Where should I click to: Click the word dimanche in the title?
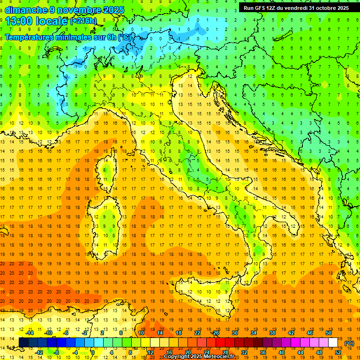point(26,10)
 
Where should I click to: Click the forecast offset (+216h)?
point(83,21)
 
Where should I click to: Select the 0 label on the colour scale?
point(93,352)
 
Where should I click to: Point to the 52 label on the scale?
point(338,352)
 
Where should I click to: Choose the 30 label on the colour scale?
point(234,333)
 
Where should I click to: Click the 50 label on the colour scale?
point(329,333)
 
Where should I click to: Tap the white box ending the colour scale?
point(333,342)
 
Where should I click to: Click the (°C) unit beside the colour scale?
point(349,343)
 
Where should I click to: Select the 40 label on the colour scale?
point(282,352)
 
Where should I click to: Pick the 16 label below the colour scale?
point(169,352)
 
